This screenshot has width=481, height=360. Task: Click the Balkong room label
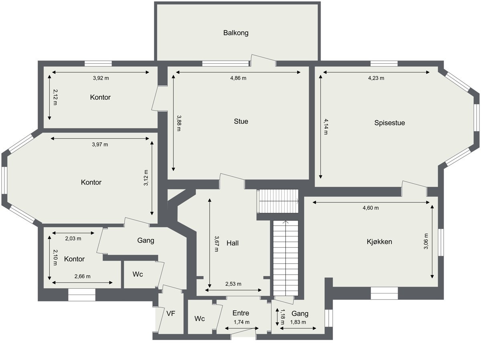coord(236,33)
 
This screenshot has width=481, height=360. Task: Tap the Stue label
coord(241,121)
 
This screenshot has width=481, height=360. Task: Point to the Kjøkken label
coord(379,241)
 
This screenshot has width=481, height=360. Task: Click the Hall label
coord(232,243)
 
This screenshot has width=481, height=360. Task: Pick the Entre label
coord(240,313)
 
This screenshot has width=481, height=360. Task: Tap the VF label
coord(171,313)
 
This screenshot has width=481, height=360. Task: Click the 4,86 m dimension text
coord(238,78)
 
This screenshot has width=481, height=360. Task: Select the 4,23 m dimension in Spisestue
coord(376,78)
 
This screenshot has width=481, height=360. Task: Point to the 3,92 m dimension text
coord(101,78)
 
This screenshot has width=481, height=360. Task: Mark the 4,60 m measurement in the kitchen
coord(370,208)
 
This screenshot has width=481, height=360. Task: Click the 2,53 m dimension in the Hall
coord(233,284)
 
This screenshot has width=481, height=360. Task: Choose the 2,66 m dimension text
coord(82,276)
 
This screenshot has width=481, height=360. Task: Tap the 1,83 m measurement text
coord(298,322)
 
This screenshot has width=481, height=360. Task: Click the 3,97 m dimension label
coord(100,144)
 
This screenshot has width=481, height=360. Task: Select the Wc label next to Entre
coord(200,319)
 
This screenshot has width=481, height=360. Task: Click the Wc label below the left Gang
coord(138,274)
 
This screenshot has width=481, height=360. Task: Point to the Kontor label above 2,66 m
coord(74,259)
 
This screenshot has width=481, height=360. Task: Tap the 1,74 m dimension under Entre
coord(241,322)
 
